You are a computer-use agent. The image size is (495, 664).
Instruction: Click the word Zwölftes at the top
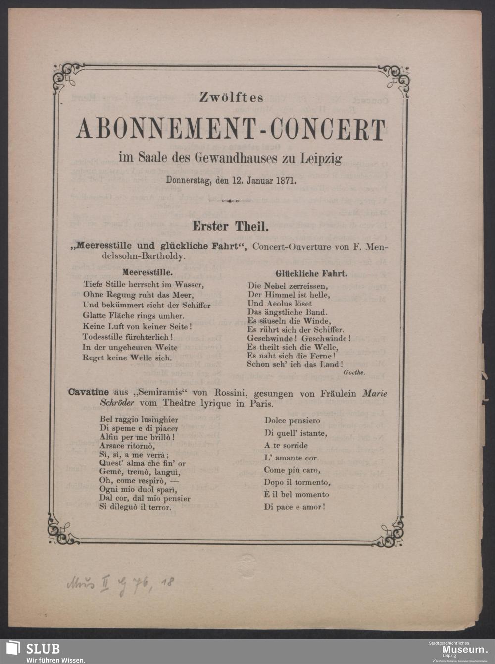[231, 98]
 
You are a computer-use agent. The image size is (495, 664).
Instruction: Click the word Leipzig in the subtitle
[320, 159]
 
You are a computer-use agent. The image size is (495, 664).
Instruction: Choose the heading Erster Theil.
[230, 227]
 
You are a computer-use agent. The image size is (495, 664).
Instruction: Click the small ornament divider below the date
[229, 201]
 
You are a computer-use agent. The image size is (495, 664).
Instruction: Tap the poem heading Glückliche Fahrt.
[310, 273]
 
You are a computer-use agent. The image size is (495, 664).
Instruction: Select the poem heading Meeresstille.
[148, 272]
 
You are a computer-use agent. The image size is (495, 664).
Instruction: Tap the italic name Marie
[375, 393]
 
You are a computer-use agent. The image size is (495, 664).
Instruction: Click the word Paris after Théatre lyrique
[263, 403]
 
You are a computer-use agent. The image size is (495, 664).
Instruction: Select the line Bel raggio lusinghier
[139, 420]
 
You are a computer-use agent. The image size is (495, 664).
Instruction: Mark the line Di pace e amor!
[295, 507]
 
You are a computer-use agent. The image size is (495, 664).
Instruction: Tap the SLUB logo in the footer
[33, 651]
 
